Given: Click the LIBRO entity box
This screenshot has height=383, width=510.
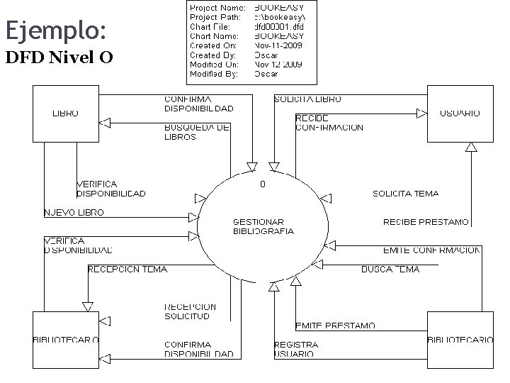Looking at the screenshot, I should pos(66,113).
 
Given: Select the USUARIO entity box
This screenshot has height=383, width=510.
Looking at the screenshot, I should pos(460,113).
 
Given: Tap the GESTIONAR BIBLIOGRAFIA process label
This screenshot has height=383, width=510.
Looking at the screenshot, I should pos(263,226).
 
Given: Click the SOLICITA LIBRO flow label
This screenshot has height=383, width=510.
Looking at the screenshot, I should pos(307,99).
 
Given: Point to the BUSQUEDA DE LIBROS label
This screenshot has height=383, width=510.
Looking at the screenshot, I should pos(196,132).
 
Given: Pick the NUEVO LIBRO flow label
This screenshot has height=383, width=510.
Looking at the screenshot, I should pos(74,212).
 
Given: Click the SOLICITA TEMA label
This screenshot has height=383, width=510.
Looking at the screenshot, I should pos(405,193).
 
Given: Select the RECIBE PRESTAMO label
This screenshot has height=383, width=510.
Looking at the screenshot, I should pos(426,222).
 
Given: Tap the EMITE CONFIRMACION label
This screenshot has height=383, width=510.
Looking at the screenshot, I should pos(431,250).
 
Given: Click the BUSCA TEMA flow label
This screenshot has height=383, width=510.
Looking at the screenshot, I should pos(390,269).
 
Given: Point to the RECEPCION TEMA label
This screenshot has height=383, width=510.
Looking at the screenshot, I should pos(127,269).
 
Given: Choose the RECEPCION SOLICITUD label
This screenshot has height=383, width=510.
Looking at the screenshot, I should pos(190,311).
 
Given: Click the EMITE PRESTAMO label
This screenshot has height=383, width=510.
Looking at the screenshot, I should pos(335,326).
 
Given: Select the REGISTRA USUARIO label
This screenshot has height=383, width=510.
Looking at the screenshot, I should pos(296,349).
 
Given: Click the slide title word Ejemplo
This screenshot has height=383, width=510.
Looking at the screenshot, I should pos(56,30).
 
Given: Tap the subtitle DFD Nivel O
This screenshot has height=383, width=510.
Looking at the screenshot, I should pos(59,57).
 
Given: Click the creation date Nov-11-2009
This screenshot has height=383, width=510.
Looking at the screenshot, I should pos(278,45).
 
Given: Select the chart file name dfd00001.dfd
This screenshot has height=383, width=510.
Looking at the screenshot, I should pos(278,27).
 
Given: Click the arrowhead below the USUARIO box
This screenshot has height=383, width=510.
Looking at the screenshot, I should pos(470,147).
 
